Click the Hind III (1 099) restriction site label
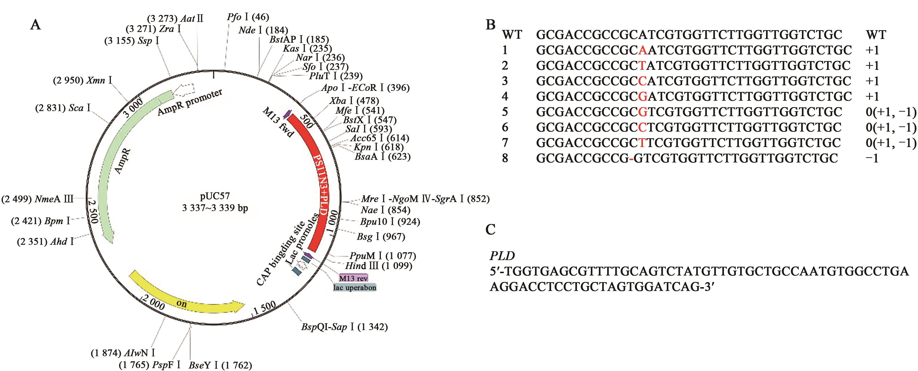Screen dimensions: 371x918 pyautogui.click(x=379, y=266)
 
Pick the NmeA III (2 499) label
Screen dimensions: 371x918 pyautogui.click(x=38, y=199)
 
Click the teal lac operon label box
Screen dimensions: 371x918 pyautogui.click(x=355, y=287)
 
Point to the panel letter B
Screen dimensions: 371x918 pyautogui.click(x=491, y=25)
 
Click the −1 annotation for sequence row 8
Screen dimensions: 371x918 pyautogui.click(x=872, y=158)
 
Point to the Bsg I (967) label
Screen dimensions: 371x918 pyautogui.click(x=381, y=237)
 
